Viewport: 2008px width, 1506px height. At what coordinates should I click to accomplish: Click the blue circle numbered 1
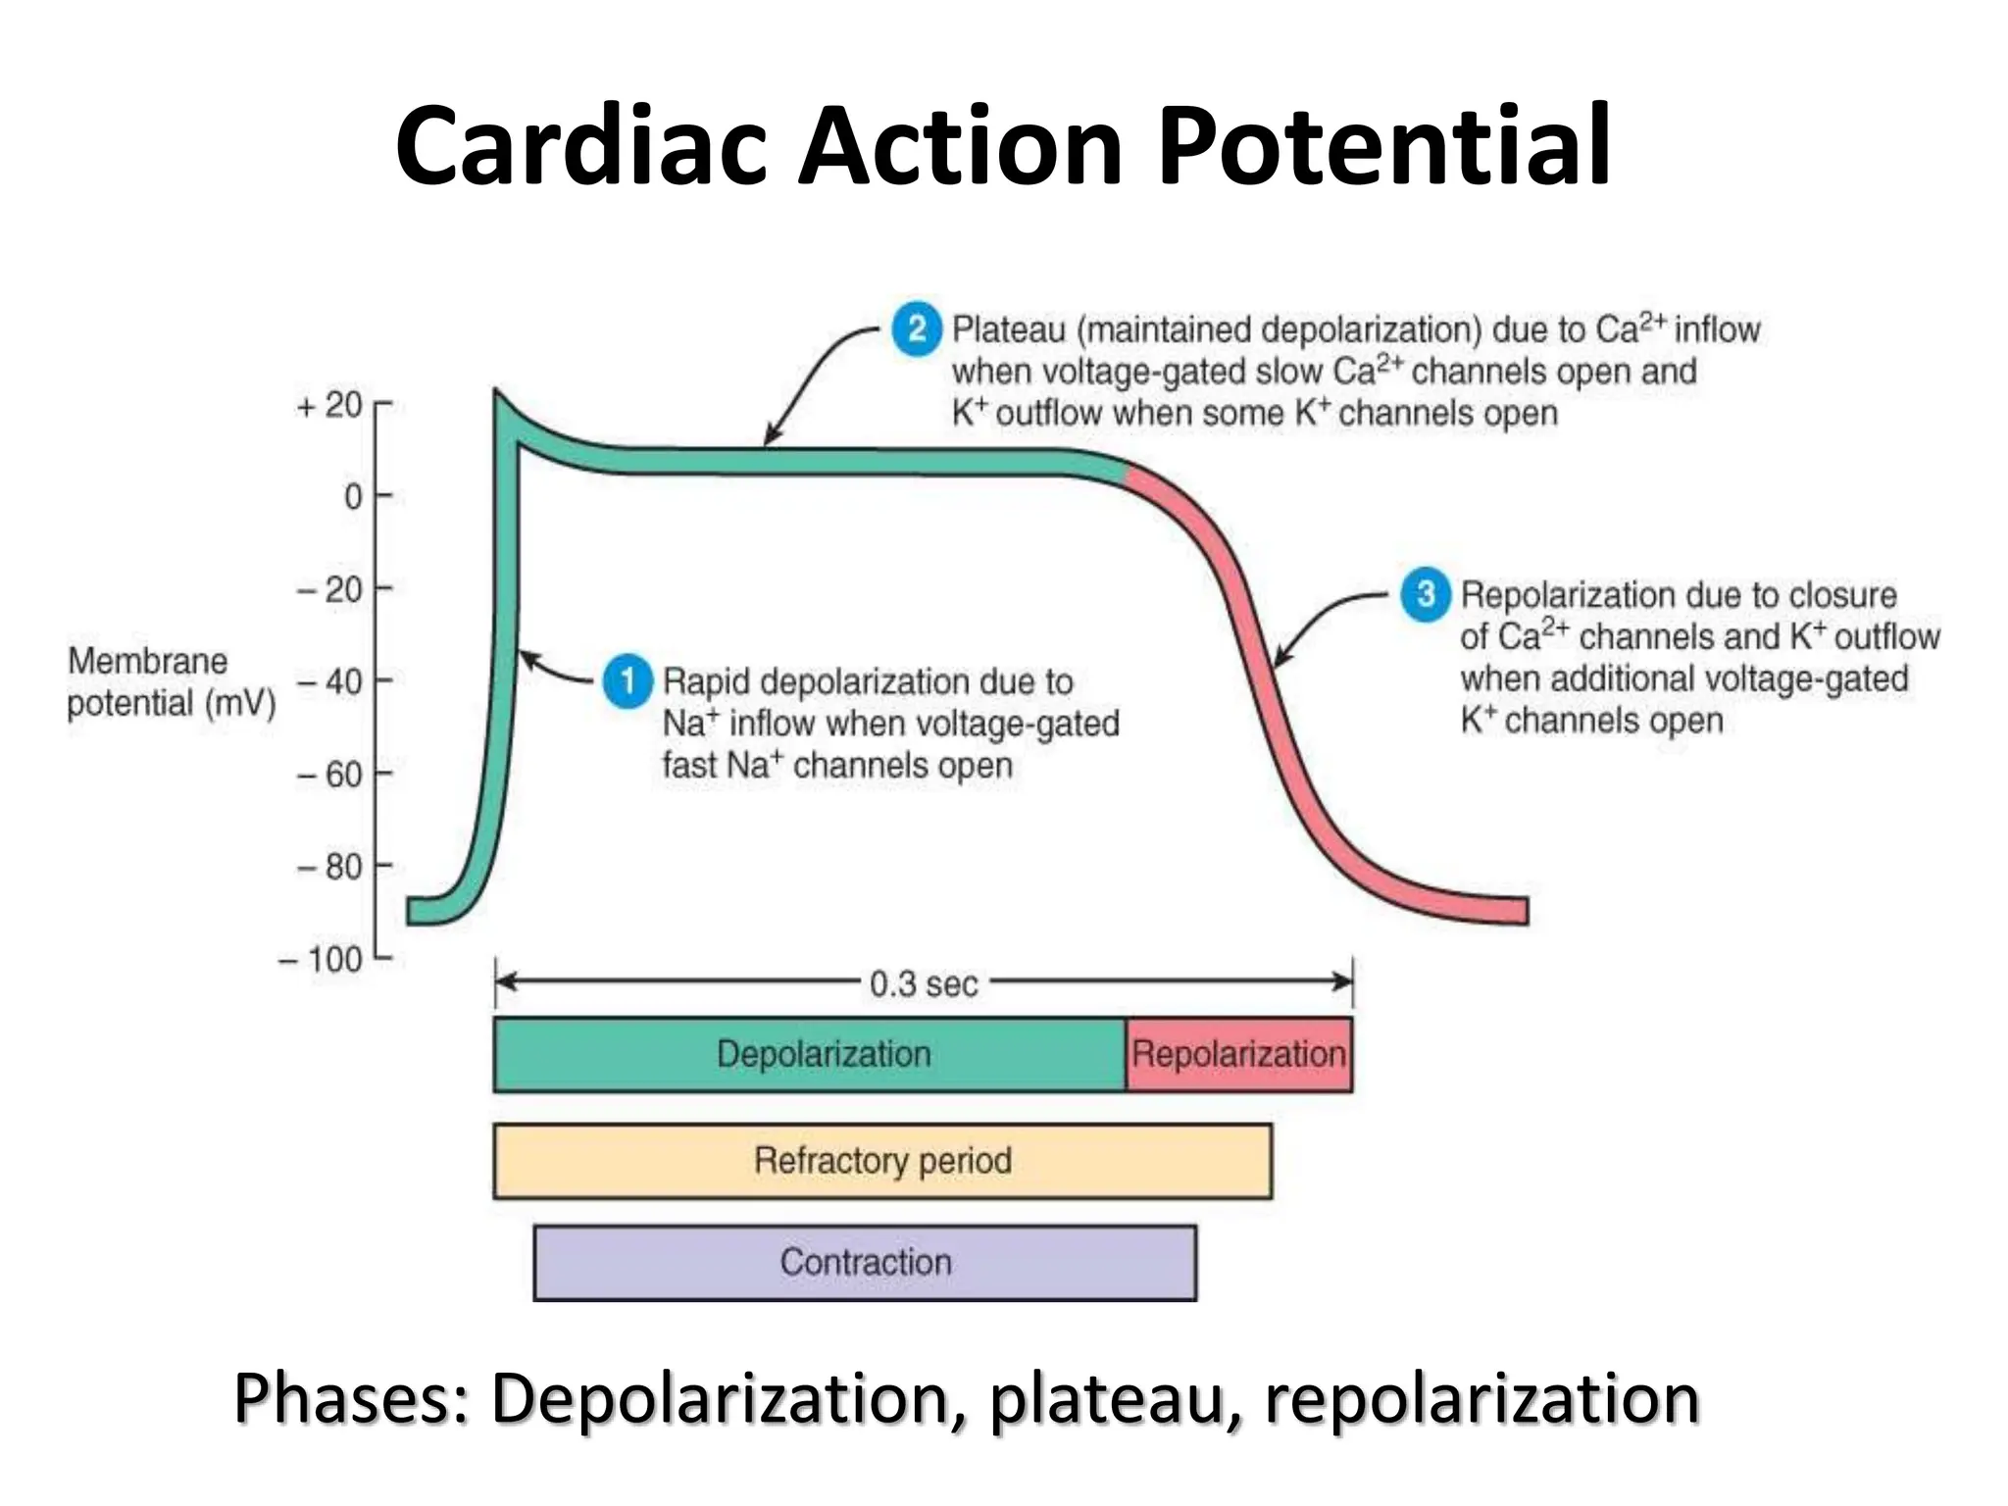(x=627, y=680)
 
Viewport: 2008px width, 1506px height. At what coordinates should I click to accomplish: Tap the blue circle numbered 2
(x=917, y=328)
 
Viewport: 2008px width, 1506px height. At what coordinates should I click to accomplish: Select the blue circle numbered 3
(x=1426, y=593)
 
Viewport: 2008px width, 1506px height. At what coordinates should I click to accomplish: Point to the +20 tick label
(x=329, y=405)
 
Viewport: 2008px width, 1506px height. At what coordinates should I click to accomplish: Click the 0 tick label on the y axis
(x=353, y=497)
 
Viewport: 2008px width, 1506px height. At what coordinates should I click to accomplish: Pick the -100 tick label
(x=321, y=959)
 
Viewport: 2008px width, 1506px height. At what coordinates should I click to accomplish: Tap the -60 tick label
(x=329, y=775)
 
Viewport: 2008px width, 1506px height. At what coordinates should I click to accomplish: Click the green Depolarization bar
(x=810, y=1054)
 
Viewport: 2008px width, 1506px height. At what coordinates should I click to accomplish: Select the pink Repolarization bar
(x=1238, y=1054)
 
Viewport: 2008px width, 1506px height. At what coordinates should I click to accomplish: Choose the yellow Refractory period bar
(x=882, y=1161)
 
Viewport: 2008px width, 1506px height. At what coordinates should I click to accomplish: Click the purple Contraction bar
(x=865, y=1262)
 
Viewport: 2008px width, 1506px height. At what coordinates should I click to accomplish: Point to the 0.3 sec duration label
(x=924, y=982)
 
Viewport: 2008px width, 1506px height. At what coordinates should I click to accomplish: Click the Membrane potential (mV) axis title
(x=171, y=682)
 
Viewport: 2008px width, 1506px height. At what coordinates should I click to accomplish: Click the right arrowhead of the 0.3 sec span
(x=1344, y=980)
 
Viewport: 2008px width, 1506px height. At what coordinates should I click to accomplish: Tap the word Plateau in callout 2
(x=1009, y=329)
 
